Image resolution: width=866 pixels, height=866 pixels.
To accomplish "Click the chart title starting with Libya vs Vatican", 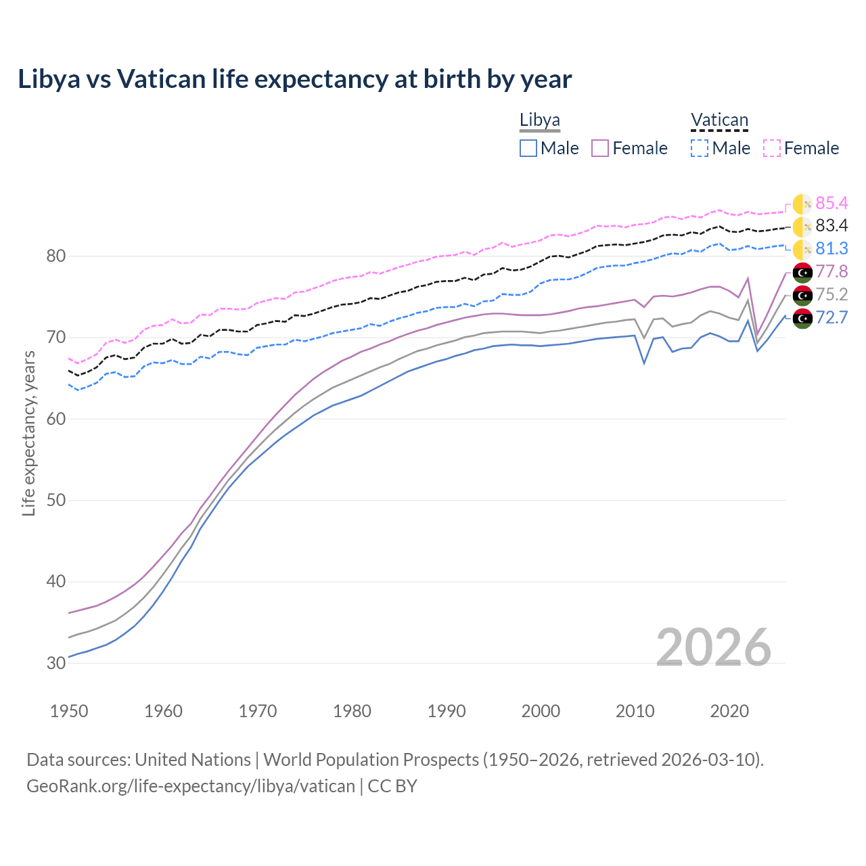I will (295, 79).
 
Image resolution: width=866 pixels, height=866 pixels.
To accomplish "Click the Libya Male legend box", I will (528, 148).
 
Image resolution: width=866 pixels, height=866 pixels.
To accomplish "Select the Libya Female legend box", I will (601, 148).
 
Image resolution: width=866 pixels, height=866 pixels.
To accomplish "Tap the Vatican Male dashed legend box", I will (700, 148).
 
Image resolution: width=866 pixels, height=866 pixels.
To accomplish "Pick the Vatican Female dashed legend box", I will (772, 148).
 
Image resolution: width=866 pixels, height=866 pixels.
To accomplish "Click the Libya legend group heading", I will (540, 120).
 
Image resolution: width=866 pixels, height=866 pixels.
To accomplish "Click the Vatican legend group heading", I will (719, 120).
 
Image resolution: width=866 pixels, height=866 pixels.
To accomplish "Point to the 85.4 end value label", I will (831, 203).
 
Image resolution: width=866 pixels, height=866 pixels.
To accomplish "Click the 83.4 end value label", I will (831, 226).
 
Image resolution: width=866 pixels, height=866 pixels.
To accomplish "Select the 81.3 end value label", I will (831, 249).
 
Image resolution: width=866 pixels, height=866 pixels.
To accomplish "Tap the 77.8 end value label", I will (831, 272).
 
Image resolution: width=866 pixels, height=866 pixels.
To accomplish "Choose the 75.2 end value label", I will (831, 294).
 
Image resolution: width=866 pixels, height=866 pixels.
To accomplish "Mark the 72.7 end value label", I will (831, 317).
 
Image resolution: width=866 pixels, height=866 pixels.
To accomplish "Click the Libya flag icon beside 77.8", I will (802, 273).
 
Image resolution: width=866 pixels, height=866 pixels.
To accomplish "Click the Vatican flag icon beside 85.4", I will (802, 204).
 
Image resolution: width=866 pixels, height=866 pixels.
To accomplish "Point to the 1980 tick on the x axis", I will (352, 711).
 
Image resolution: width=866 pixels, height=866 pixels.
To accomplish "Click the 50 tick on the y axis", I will (56, 501).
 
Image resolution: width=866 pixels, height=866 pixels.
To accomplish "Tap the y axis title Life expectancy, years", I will (29, 433).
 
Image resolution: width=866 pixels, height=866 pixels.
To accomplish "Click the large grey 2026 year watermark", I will (713, 647).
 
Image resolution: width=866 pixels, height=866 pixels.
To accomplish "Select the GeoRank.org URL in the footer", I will (191, 786).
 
